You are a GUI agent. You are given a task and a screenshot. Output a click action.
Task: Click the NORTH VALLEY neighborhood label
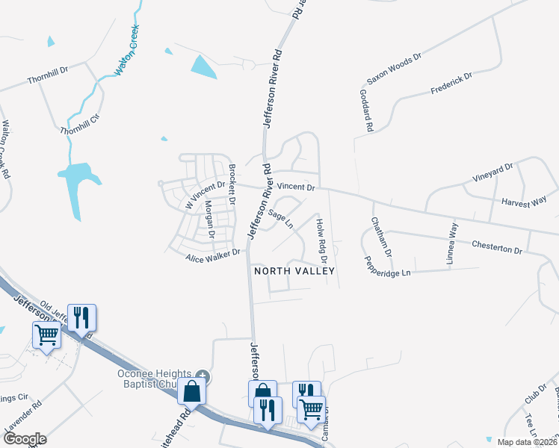[x=294, y=271]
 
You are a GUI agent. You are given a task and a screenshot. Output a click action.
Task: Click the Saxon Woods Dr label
[x=394, y=68]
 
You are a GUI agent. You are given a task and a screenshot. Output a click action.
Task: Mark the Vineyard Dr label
[x=492, y=173]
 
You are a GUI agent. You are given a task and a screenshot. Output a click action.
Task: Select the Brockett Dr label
[x=232, y=184]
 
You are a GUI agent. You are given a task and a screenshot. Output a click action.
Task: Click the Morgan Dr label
[x=209, y=219]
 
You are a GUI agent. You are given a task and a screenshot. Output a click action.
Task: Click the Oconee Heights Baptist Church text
[x=146, y=379]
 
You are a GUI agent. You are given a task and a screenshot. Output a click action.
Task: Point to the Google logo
[x=25, y=439]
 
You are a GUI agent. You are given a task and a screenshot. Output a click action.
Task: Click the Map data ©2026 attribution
[x=526, y=442]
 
